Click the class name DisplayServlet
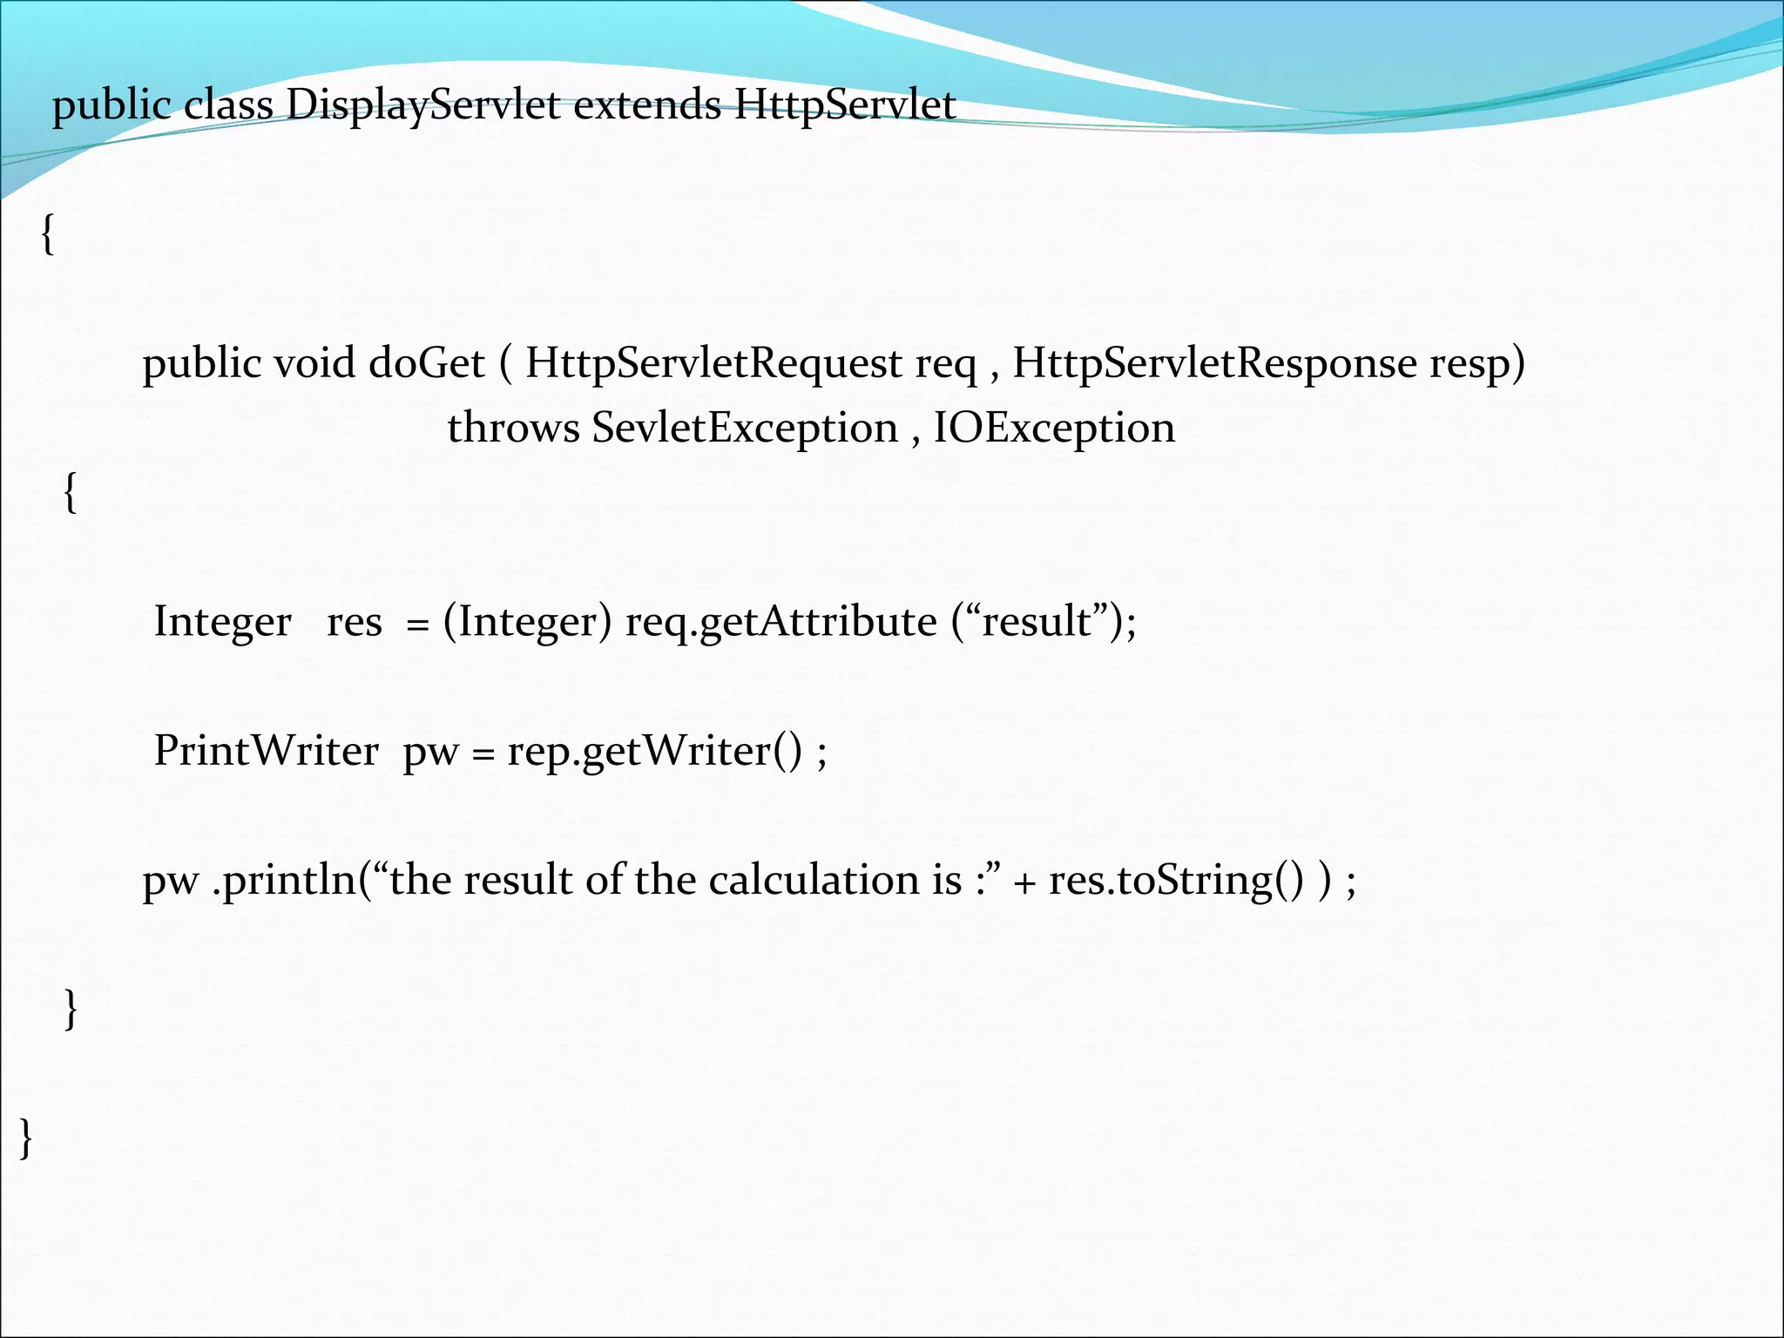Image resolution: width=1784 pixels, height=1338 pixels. coord(422,106)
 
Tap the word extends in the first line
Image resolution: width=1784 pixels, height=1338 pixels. coord(646,106)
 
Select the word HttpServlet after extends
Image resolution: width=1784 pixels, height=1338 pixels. coord(845,106)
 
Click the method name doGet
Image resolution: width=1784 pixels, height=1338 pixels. coord(426,363)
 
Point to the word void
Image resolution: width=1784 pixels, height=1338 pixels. coord(314,363)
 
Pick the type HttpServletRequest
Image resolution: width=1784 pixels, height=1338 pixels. coord(713,363)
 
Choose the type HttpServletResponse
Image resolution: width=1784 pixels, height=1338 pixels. coord(1214,363)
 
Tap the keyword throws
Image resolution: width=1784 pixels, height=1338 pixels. coord(513,429)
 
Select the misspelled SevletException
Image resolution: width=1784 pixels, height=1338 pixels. coord(745,429)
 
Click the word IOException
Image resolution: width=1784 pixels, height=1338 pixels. coord(1054,429)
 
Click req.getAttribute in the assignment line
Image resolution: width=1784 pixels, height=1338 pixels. coord(780,622)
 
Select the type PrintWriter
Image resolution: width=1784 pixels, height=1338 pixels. coord(267,751)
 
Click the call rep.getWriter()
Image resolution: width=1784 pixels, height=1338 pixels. coord(654,751)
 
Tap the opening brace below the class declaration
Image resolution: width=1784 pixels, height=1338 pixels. coord(48,236)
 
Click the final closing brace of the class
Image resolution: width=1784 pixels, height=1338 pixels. coord(26,1139)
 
